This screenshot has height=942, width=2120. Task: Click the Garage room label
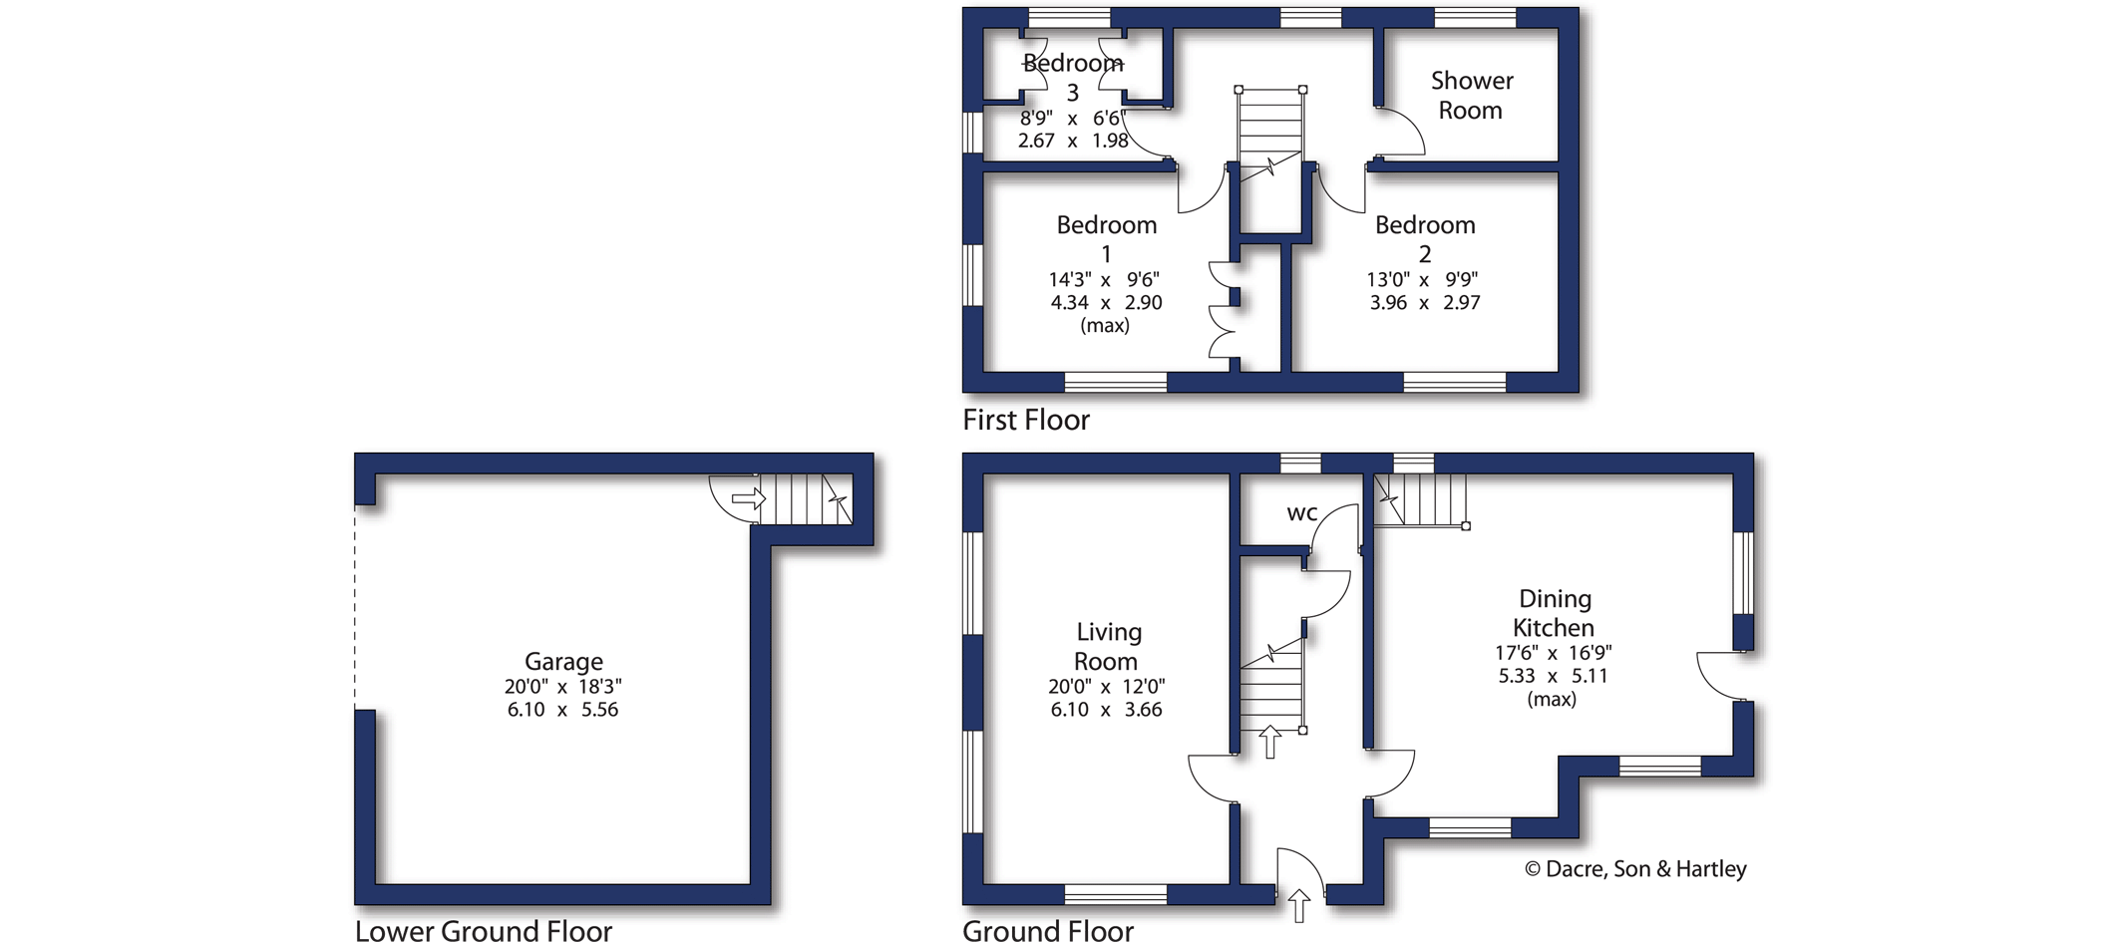tap(563, 662)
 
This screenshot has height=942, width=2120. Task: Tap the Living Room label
tap(1107, 646)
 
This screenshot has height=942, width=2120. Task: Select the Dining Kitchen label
tap(1555, 613)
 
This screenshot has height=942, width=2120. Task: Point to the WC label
tap(1302, 513)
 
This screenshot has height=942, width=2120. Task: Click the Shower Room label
tap(1472, 95)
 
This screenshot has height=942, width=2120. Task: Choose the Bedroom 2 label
tap(1425, 239)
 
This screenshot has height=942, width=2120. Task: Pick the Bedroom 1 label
tap(1107, 239)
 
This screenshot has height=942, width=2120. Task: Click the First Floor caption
tap(1026, 420)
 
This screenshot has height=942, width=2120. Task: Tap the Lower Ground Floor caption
tap(484, 931)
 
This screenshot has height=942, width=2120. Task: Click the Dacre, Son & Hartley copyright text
tap(1635, 869)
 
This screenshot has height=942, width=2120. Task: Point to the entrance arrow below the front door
tap(1298, 905)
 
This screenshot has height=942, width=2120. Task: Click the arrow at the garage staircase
tap(748, 497)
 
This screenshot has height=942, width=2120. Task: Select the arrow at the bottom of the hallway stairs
tap(1269, 742)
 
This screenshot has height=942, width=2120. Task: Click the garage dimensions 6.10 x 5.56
tap(562, 710)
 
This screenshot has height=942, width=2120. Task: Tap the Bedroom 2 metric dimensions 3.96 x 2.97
tap(1425, 302)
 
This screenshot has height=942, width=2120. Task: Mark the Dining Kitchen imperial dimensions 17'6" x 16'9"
tap(1553, 653)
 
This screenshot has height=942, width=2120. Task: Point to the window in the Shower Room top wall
tap(1475, 18)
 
